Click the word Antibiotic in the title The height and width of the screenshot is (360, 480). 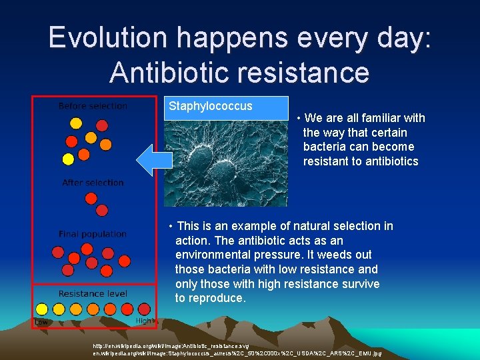pyautogui.click(x=170, y=72)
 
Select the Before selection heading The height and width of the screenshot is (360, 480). pyautogui.click(x=93, y=106)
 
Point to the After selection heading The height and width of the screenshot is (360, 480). pyautogui.click(x=93, y=183)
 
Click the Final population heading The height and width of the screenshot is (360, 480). pyautogui.click(x=93, y=234)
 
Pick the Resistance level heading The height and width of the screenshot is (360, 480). pyautogui.click(x=93, y=293)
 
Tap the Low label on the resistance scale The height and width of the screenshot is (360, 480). pyautogui.click(x=41, y=321)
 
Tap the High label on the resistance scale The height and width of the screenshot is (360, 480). pyautogui.click(x=143, y=321)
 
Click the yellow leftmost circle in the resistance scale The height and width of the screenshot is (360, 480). pyautogui.click(x=41, y=309)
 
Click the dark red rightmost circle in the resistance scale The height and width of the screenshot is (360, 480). pyautogui.click(x=144, y=309)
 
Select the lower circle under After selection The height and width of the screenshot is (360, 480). pyautogui.click(x=102, y=210)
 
